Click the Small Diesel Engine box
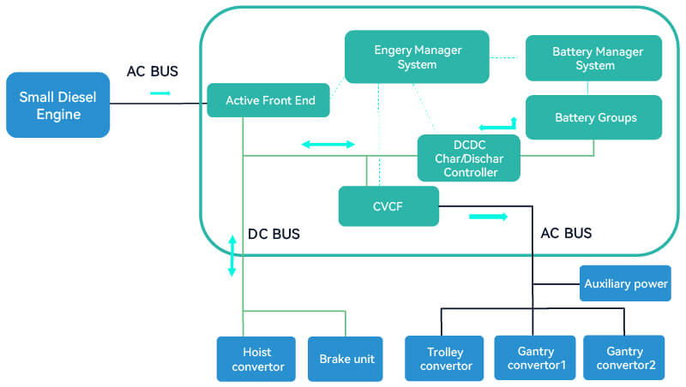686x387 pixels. pos(58,105)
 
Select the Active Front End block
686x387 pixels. pos(270,100)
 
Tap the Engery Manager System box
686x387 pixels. pos(417,57)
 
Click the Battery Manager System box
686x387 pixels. pos(593,58)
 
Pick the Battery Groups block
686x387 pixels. pos(593,117)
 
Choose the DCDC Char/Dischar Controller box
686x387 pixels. pos(469,158)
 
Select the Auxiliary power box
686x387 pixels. pos(624,283)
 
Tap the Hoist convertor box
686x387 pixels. pos(256,359)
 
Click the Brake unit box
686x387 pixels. pos(346,359)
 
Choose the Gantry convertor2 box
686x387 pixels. pos(623,358)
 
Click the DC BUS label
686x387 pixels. pos(274,234)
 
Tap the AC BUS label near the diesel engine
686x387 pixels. pos(153,71)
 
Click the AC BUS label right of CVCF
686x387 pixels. pos(565,233)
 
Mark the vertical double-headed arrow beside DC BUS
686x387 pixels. pos(232,255)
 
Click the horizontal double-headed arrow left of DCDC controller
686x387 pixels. pos(328,145)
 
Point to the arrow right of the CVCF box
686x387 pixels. pos(488,217)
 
